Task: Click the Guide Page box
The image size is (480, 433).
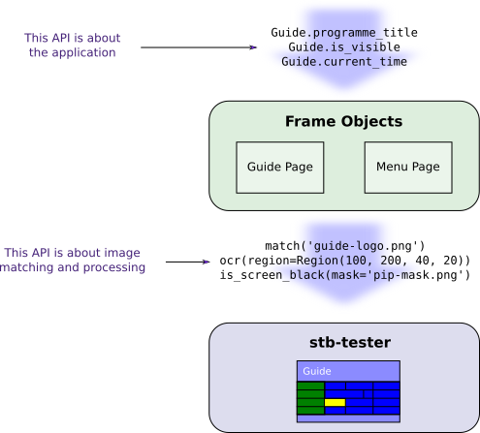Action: click(280, 168)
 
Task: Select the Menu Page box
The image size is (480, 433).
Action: click(408, 168)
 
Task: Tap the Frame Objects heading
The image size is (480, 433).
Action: click(343, 121)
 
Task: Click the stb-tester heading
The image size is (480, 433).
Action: click(350, 342)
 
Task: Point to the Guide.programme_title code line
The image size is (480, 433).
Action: click(344, 33)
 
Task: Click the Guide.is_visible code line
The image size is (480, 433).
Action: click(344, 47)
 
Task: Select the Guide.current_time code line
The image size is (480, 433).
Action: click(344, 62)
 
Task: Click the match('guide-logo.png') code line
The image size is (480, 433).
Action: click(344, 246)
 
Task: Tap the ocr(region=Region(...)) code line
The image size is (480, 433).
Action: click(344, 261)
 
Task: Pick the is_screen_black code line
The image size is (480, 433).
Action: click(344, 275)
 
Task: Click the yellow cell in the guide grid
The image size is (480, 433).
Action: click(335, 402)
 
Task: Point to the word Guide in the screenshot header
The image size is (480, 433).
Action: click(317, 371)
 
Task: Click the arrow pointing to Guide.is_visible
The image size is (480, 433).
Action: click(199, 47)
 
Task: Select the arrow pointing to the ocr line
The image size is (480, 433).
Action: click(188, 262)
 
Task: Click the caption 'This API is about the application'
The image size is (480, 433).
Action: click(73, 45)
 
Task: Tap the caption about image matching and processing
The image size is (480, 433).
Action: click(73, 260)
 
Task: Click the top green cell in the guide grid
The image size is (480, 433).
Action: click(310, 386)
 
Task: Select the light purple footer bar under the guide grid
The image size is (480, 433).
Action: click(348, 418)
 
